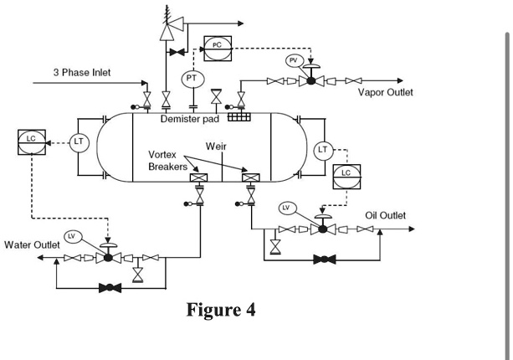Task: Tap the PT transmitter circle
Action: click(192, 79)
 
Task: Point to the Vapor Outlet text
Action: click(385, 92)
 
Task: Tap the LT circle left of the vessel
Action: click(78, 142)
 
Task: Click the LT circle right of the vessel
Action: click(324, 150)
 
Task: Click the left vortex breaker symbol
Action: click(199, 178)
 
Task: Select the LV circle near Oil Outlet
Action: click(285, 207)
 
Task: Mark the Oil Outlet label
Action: click(385, 216)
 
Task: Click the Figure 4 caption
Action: click(221, 310)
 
